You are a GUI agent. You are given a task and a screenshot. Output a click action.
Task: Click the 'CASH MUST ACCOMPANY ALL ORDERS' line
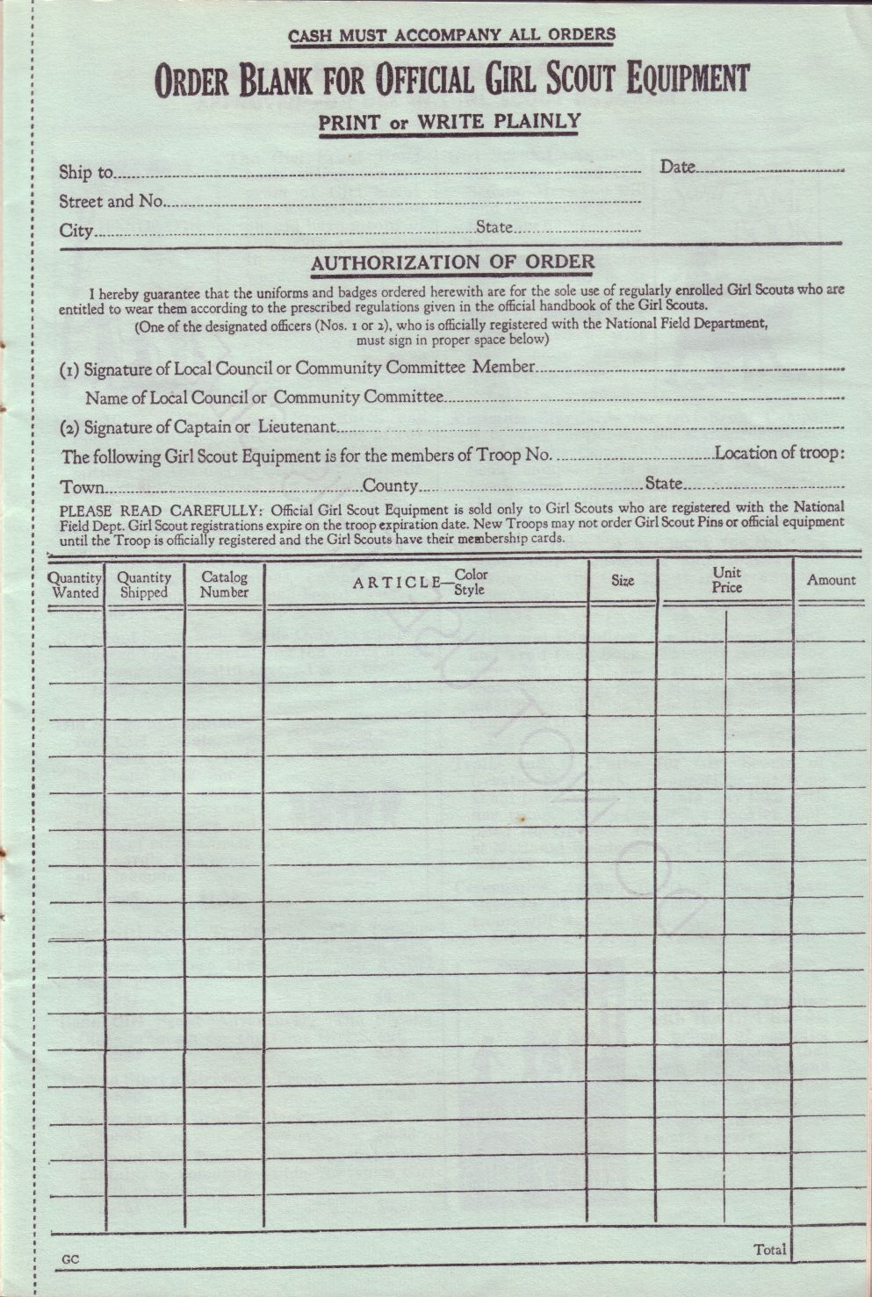click(x=451, y=35)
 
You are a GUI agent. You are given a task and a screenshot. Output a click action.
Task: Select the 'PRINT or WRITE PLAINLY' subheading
click(x=449, y=121)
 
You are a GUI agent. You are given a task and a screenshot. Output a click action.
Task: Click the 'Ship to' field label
click(x=86, y=172)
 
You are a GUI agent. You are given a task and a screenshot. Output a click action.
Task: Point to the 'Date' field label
click(x=677, y=167)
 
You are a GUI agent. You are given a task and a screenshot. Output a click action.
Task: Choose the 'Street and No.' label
click(x=112, y=202)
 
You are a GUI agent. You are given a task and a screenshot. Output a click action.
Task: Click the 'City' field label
click(x=76, y=232)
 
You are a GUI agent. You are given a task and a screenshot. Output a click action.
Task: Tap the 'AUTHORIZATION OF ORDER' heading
click(x=452, y=262)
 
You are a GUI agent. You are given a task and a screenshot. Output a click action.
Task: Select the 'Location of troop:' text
click(x=779, y=454)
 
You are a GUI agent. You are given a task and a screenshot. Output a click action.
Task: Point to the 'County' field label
click(x=390, y=486)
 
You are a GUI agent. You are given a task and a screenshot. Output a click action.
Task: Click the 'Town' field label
click(x=82, y=487)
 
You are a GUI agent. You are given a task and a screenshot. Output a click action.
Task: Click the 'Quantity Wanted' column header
click(x=76, y=585)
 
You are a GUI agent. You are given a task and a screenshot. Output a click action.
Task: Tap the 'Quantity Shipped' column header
click(x=144, y=585)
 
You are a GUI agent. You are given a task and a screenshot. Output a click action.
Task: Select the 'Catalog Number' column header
click(x=224, y=584)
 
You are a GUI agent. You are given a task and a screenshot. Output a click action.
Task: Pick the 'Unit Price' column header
click(x=726, y=580)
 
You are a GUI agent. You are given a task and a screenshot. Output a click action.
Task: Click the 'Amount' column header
click(x=831, y=580)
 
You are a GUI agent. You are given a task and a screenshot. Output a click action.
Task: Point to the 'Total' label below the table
click(x=769, y=1250)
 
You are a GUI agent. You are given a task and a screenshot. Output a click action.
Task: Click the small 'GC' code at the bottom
click(x=70, y=1260)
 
